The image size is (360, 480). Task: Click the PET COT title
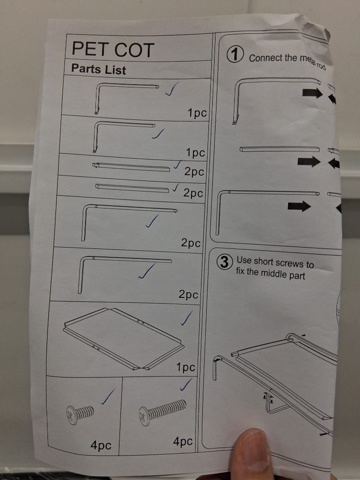pos(112,49)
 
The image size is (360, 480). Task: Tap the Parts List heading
pos(98,69)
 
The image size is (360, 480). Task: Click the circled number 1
pos(235,54)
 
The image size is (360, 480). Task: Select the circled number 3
pos(224,262)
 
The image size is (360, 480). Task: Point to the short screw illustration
pos(80,414)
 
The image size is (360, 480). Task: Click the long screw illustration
pos(162,411)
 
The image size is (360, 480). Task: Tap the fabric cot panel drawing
pos(124,338)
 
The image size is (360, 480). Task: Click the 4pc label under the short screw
pos(100,445)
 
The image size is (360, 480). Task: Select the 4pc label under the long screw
pos(183,441)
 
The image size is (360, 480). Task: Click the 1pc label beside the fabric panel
pos(185,367)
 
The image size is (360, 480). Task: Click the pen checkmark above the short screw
pos(108,396)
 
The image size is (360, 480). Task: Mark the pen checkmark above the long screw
pos(186,385)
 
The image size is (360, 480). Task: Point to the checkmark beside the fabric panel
pos(186,318)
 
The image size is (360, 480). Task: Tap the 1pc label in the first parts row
pos(197,113)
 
